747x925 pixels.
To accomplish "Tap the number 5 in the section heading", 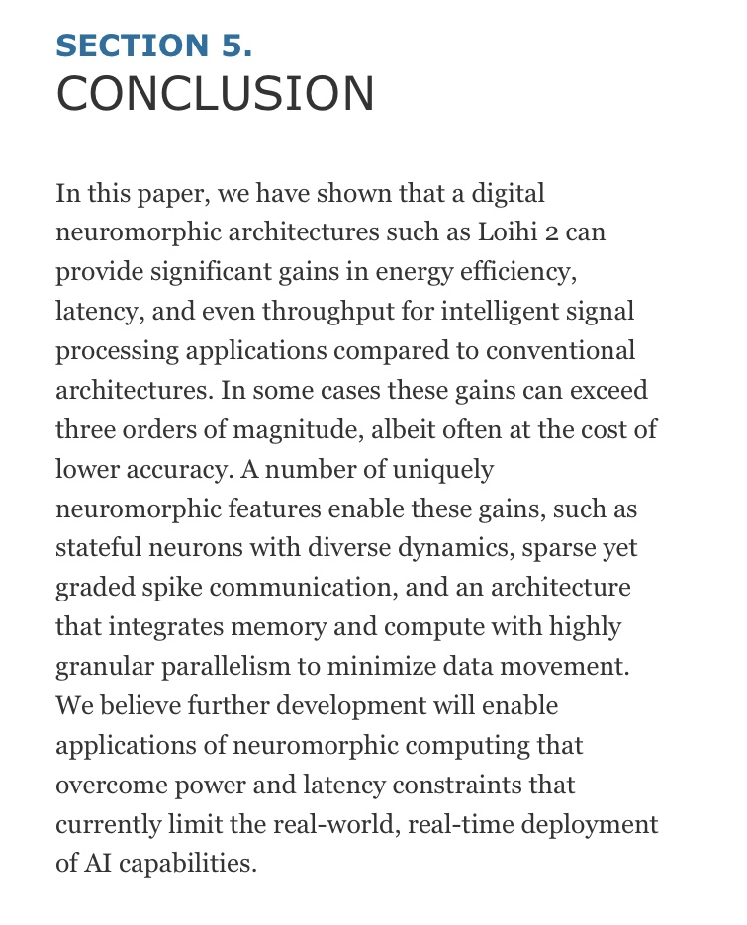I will (x=234, y=46).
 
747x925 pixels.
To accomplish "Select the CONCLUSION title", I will (x=216, y=94).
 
